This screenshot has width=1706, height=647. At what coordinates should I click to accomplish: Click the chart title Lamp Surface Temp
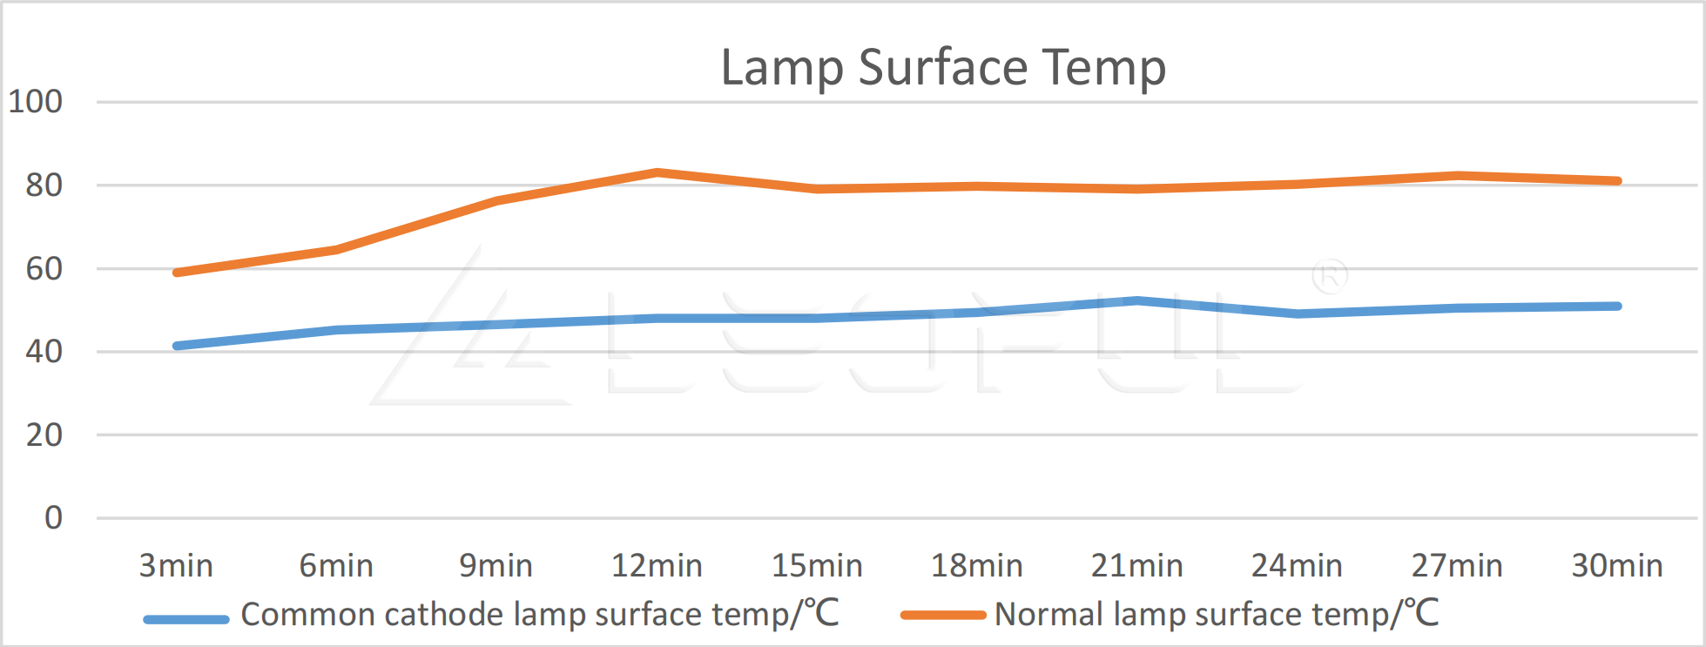click(x=943, y=67)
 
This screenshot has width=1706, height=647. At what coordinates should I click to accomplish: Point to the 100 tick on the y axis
click(x=36, y=102)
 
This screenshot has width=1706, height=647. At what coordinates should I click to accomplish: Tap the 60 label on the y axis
click(x=44, y=269)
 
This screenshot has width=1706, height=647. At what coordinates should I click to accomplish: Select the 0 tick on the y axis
click(x=53, y=518)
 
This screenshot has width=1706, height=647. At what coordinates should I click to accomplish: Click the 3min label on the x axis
click(x=176, y=566)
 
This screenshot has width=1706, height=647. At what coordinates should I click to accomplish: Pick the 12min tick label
click(x=657, y=566)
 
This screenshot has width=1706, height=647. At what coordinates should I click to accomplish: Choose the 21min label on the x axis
click(x=1136, y=566)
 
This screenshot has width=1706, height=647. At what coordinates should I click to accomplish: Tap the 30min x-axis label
click(x=1616, y=566)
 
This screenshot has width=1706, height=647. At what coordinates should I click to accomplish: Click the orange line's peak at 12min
click(x=657, y=172)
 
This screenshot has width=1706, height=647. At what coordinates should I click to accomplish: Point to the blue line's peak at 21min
click(x=1137, y=300)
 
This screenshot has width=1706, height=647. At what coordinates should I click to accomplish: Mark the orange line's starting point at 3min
click(x=177, y=273)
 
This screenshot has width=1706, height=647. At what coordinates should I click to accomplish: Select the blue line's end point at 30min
click(x=1617, y=306)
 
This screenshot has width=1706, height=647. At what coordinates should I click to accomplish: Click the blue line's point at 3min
click(x=177, y=346)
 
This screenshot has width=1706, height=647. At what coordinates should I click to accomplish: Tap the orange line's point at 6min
click(x=337, y=250)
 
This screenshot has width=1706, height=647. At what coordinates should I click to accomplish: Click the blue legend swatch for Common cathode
click(x=185, y=619)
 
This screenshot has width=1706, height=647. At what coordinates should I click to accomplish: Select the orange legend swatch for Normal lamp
click(x=942, y=616)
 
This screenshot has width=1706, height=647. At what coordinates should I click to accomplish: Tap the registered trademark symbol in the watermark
click(x=1330, y=277)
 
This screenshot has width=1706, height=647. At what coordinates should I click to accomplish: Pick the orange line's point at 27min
click(x=1457, y=176)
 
